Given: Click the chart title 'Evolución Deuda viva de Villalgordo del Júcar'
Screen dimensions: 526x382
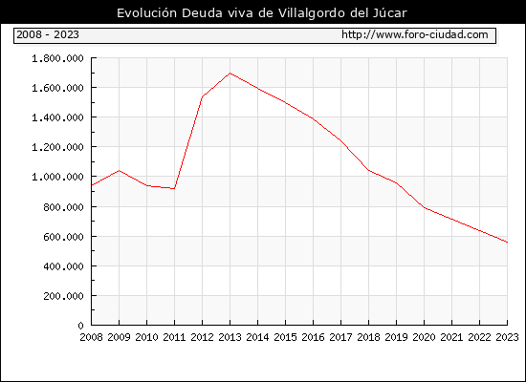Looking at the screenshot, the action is click(262, 13).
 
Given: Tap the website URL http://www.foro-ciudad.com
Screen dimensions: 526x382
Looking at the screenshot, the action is click(415, 34).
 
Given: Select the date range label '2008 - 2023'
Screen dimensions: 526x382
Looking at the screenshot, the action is click(48, 34).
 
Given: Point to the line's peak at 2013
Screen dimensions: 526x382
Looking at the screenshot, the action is click(230, 73).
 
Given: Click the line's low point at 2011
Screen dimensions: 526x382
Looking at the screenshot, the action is click(174, 189).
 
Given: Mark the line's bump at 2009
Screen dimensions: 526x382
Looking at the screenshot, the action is click(120, 171).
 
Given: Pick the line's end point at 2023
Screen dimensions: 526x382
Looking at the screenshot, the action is click(507, 242).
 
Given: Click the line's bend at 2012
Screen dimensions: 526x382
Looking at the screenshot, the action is click(203, 96).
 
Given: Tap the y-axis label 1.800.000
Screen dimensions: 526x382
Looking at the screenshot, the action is click(57, 58).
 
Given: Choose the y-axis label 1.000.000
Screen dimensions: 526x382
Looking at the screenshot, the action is click(57, 177).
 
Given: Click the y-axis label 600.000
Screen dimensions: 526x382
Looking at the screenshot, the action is click(63, 237).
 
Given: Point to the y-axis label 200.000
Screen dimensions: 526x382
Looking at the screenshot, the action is click(63, 296).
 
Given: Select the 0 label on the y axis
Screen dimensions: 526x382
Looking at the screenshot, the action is click(80, 326).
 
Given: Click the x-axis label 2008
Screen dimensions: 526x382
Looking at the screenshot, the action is click(91, 337).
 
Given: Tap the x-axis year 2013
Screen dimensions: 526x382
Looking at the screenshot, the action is click(230, 337).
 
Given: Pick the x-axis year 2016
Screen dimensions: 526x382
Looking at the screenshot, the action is click(313, 337).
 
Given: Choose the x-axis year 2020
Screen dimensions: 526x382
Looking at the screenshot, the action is click(424, 337).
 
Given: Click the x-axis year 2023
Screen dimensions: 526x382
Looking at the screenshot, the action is click(507, 337).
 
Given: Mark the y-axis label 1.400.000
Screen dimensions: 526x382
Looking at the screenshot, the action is click(57, 117).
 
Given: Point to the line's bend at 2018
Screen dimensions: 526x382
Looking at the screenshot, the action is click(368, 170).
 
